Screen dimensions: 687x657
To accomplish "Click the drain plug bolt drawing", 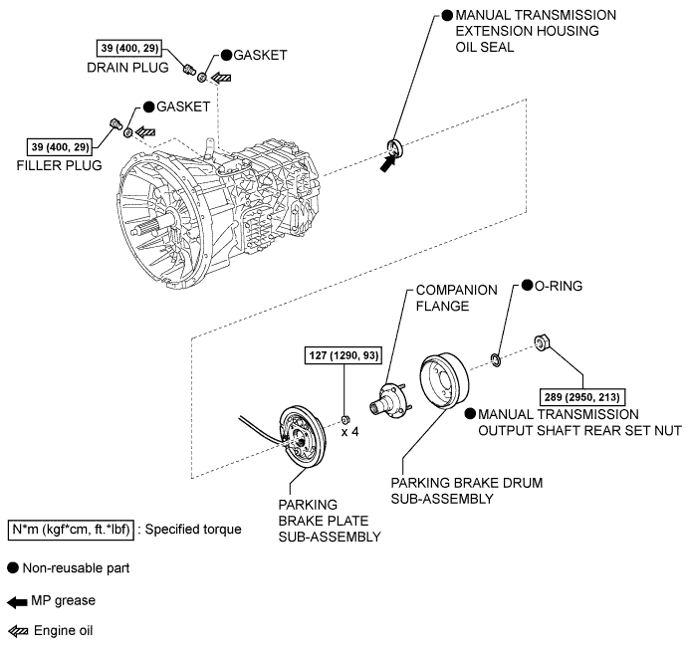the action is tap(189, 70).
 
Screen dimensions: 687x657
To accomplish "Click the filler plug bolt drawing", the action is tap(115, 123).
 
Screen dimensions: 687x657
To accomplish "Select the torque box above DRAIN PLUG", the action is tap(128, 48).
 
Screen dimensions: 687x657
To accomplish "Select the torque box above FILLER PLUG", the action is tap(60, 146).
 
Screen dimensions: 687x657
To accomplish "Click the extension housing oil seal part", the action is tap(394, 147).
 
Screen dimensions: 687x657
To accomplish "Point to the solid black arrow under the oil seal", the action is tap(387, 163).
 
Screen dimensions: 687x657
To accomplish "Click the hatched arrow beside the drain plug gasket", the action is tap(221, 78).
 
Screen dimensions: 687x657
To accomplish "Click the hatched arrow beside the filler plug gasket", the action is tap(145, 131).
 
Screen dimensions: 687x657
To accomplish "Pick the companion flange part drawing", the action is tap(390, 399).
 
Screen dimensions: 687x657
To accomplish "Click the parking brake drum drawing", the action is tap(444, 381).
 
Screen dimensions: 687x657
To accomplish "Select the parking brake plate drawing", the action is tap(303, 437).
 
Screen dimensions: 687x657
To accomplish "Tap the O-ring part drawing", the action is tap(496, 360).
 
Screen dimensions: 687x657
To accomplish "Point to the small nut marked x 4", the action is tap(345, 420).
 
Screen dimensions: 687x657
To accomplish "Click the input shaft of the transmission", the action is tap(149, 226).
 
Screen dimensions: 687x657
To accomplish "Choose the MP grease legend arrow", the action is tap(18, 602).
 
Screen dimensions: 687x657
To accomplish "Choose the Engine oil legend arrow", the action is tap(18, 631).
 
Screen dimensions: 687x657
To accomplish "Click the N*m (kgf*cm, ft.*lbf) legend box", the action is tap(71, 530).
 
